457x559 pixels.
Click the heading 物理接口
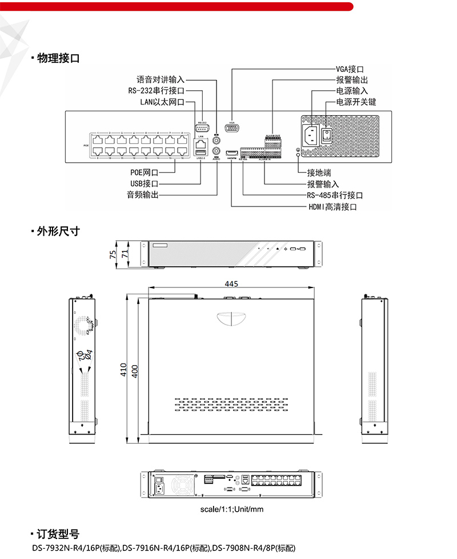point(58,58)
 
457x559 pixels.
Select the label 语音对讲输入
point(161,80)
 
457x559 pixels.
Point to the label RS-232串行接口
point(156,91)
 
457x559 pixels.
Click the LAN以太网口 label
point(162,102)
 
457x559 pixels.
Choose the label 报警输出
point(352,80)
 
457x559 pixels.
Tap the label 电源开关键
point(356,102)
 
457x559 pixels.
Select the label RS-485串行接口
point(335,195)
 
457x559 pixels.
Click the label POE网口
point(144,172)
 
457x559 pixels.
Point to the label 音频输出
point(142,195)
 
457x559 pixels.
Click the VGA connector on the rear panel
point(232,128)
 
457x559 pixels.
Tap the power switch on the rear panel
point(326,135)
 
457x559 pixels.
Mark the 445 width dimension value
point(231,283)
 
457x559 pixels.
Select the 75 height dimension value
point(113,253)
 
